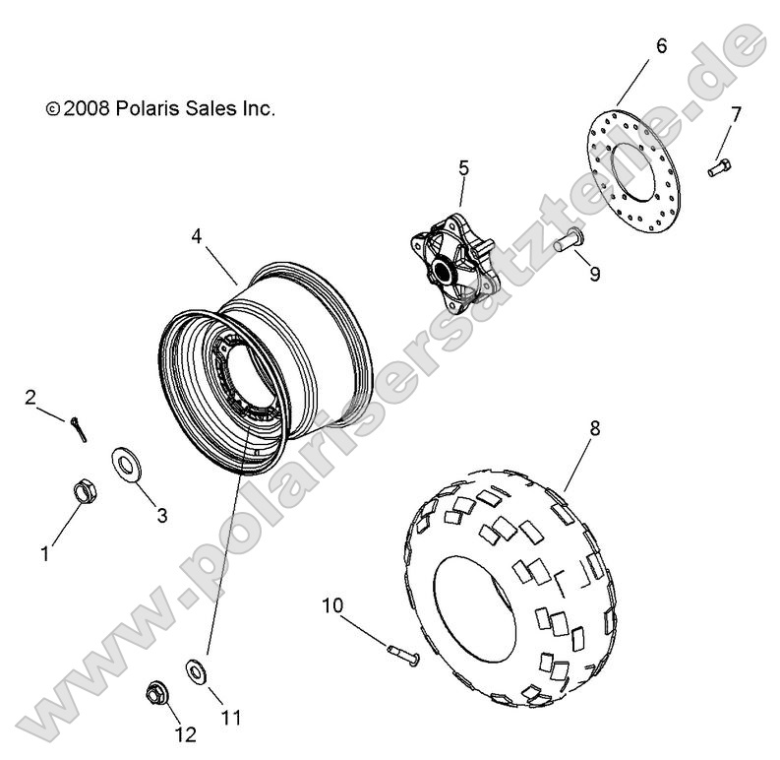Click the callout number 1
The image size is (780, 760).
tap(44, 554)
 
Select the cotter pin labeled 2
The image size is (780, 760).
tap(78, 428)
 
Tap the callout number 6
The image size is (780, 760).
tap(660, 45)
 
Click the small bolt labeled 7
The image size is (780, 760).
tap(718, 168)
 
